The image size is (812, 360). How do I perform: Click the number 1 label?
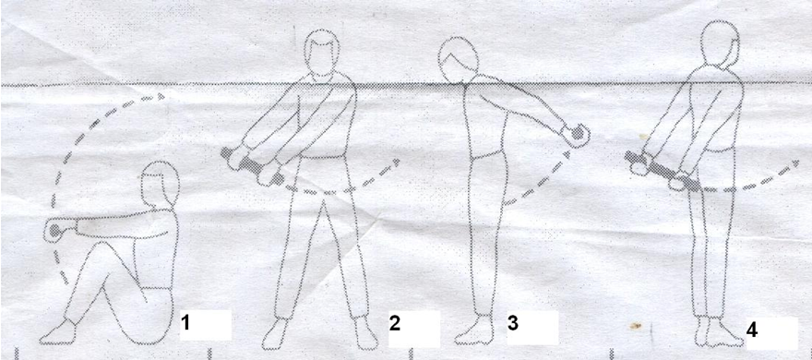click(185, 324)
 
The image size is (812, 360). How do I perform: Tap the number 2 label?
click(395, 324)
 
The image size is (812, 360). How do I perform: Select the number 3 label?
click(513, 323)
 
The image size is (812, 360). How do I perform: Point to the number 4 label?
click(752, 330)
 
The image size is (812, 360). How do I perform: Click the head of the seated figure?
click(160, 184)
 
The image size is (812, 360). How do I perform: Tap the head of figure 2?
click(322, 54)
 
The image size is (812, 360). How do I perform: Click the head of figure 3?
click(458, 60)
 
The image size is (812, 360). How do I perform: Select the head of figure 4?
click(720, 44)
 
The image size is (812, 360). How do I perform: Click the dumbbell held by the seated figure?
click(54, 231)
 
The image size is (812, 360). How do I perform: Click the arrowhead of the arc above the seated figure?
click(161, 96)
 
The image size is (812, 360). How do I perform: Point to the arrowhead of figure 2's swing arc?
click(396, 162)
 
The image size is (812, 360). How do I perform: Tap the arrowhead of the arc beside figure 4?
click(794, 163)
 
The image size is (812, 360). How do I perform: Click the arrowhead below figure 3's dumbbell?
click(567, 154)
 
